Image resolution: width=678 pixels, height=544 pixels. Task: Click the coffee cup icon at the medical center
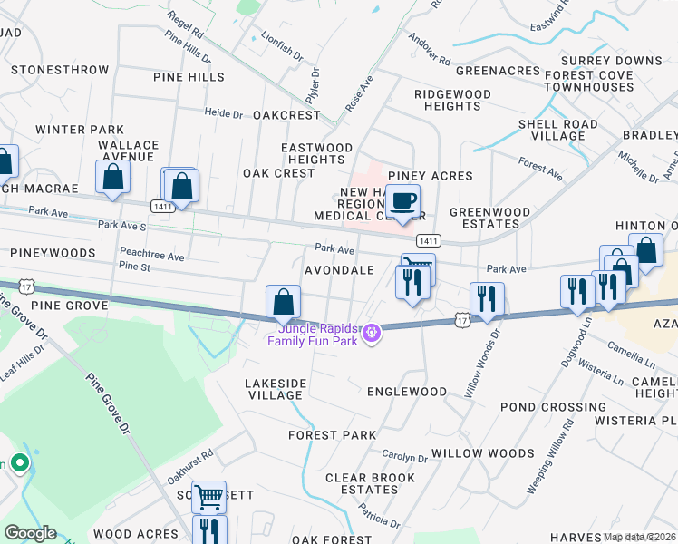[x=402, y=200]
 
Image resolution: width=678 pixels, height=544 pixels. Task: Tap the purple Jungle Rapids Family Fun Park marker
[x=370, y=335]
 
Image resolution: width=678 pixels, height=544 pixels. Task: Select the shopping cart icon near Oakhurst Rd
[x=208, y=495]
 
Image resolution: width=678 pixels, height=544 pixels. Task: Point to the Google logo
[x=29, y=533]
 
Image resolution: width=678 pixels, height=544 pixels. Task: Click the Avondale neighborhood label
[x=339, y=270]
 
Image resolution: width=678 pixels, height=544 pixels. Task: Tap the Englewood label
[x=407, y=392]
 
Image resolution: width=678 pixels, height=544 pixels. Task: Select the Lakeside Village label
[x=276, y=390]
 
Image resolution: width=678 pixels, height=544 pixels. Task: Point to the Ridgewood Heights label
[x=447, y=100]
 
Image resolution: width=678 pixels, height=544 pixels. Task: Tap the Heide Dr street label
[x=224, y=114]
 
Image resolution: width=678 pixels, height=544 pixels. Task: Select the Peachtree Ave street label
[x=151, y=257]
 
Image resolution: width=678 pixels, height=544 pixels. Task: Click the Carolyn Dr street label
[x=404, y=458]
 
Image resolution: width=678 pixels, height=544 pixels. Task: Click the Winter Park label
[x=80, y=130]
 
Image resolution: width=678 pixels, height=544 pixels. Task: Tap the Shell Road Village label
[x=557, y=130]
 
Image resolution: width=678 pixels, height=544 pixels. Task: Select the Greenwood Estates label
[x=489, y=218]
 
